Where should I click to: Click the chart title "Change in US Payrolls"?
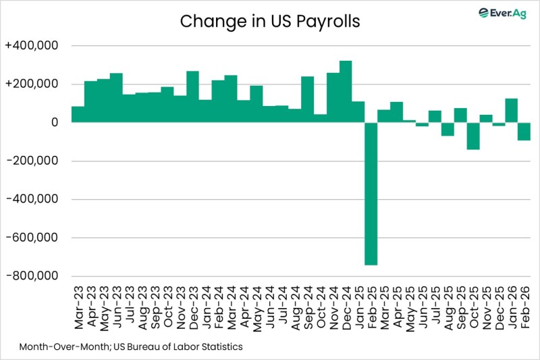point(269,22)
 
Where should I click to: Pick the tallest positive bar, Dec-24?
point(345,92)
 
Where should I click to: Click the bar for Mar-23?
point(78,114)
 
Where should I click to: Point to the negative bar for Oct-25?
point(473,136)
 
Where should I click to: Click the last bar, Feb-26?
point(524,131)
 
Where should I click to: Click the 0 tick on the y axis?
point(55,123)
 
